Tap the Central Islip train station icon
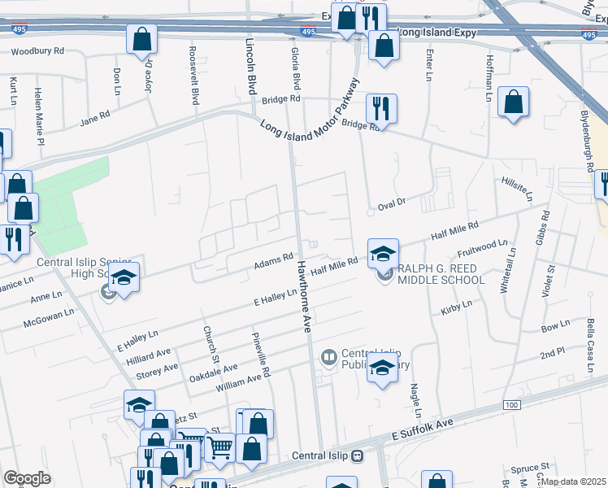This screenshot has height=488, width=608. (358, 455)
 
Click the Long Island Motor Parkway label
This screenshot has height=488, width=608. (310, 109)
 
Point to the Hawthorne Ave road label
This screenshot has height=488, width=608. (303, 294)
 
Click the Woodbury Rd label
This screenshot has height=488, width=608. (37, 51)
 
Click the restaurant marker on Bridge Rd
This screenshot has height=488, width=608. (380, 107)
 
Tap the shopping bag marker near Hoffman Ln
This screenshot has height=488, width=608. (514, 102)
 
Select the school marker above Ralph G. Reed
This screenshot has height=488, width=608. (383, 253)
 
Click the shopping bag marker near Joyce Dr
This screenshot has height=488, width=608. (141, 38)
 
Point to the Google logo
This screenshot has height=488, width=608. (27, 478)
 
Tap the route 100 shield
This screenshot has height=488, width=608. (510, 404)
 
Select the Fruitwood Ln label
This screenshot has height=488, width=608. (482, 247)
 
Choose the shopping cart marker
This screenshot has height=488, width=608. (219, 447)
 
